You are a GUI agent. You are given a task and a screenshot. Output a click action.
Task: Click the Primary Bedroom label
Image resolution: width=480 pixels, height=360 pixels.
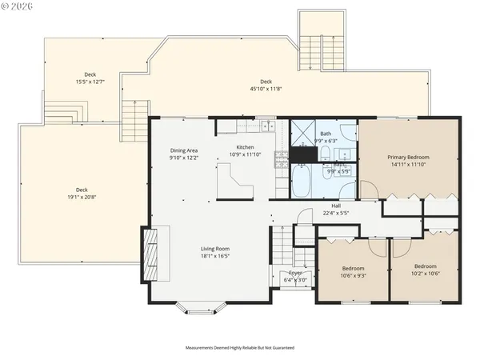(408, 158)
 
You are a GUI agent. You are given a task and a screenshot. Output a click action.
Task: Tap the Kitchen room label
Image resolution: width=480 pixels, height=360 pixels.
(245, 147)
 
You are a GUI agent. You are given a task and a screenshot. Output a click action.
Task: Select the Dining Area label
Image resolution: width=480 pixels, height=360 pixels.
(183, 151)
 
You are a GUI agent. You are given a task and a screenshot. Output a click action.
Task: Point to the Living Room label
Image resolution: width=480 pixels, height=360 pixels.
(215, 249)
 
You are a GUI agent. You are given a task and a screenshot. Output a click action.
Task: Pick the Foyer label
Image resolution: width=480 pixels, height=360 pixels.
(295, 273)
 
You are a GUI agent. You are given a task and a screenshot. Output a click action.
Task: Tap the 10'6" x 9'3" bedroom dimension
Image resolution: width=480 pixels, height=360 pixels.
(353, 275)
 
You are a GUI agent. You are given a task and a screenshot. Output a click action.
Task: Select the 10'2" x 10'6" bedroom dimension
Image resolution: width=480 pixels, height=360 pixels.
(425, 273)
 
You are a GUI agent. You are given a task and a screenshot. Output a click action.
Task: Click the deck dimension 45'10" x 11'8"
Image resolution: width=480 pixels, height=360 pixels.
(266, 88)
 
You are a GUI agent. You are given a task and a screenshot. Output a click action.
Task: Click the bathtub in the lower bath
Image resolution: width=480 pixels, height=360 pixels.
(303, 181)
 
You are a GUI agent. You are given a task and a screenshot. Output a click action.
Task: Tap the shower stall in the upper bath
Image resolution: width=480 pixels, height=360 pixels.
(303, 134)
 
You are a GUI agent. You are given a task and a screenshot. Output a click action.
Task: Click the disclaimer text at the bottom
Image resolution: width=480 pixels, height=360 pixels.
(240, 348)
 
